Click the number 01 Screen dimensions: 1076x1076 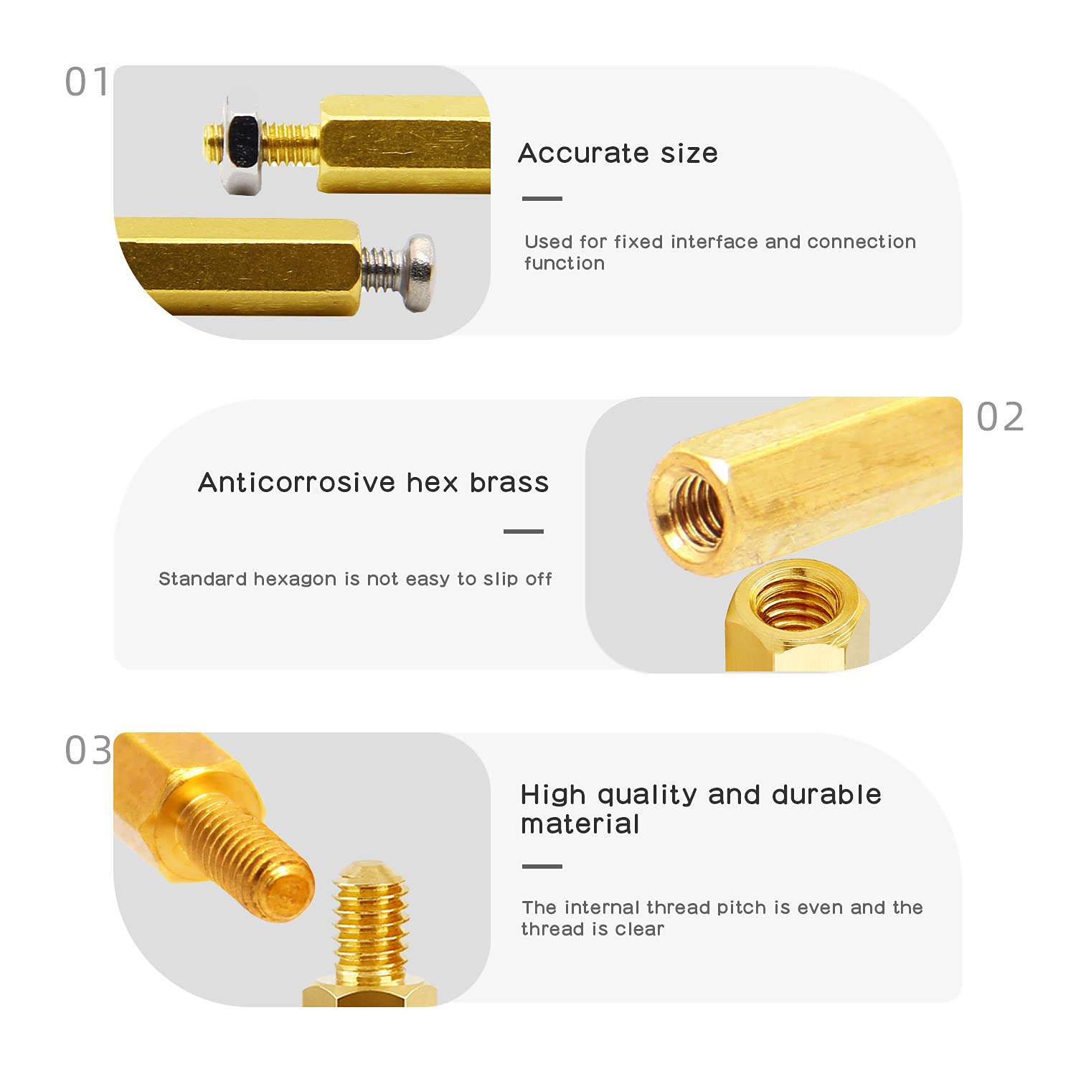pos(87,82)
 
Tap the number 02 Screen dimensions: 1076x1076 pos(1000,417)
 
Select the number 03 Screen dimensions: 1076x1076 pos(88,750)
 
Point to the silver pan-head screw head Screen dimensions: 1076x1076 pos(420,272)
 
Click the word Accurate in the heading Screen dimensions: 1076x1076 pos(583,154)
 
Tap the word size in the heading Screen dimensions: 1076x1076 pos(689,154)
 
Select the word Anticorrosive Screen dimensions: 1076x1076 pos(296,483)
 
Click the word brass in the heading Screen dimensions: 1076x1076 pos(509,483)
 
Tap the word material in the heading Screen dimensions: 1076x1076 pos(580,824)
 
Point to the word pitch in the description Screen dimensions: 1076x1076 pos(742,907)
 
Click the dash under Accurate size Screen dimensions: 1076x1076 pos(542,199)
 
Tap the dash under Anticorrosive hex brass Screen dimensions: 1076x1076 pos(524,532)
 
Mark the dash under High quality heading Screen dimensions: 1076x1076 pos(542,867)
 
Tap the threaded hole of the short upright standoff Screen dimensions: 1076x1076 pos(798,604)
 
